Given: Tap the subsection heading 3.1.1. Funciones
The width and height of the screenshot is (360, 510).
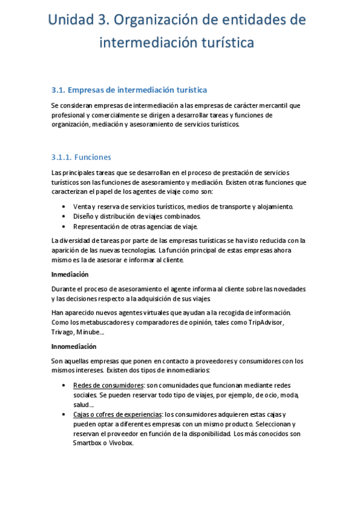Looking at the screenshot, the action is (81, 158).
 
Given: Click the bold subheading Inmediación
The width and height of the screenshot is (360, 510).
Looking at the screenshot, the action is (70, 274).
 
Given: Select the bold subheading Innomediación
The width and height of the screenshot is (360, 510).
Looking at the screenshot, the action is (74, 347).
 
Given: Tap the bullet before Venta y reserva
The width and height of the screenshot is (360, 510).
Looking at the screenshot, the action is (64, 207).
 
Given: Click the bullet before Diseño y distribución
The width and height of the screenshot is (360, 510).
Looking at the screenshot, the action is (64, 217).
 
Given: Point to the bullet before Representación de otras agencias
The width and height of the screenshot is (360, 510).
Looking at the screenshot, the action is (64, 227).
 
